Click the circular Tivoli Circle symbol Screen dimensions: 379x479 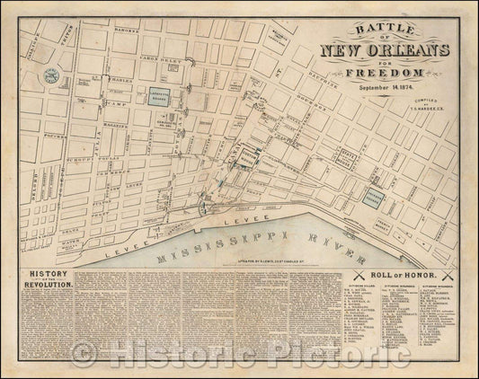[x=50, y=77]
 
